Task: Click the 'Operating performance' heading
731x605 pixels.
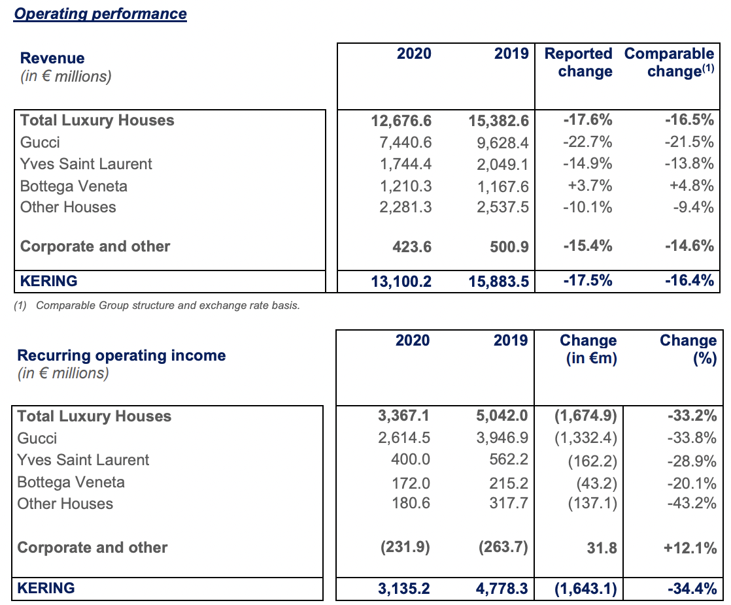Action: tap(100, 14)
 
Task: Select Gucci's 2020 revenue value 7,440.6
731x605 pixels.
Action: tap(405, 142)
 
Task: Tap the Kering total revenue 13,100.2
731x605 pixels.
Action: tap(401, 282)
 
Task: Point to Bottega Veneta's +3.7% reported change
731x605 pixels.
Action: tap(590, 186)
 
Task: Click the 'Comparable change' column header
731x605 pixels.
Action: tap(669, 62)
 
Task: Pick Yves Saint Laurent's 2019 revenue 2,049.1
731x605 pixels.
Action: tap(503, 164)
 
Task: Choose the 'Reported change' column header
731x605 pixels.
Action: tap(579, 62)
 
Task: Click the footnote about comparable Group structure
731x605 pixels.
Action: tap(157, 306)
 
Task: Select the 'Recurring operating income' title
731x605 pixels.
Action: tap(122, 355)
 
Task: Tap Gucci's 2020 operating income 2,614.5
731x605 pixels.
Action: tap(404, 438)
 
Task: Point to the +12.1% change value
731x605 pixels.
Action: tap(690, 548)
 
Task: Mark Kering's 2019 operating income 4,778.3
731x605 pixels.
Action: tap(502, 589)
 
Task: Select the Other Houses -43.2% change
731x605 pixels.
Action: tap(692, 503)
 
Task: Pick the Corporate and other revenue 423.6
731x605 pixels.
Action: tap(412, 246)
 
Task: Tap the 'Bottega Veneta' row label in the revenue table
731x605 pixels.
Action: tap(74, 186)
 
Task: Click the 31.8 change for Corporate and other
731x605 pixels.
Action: tap(602, 548)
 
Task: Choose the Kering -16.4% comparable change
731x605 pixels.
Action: tap(690, 280)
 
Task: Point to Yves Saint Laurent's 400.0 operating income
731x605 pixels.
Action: tap(411, 459)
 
